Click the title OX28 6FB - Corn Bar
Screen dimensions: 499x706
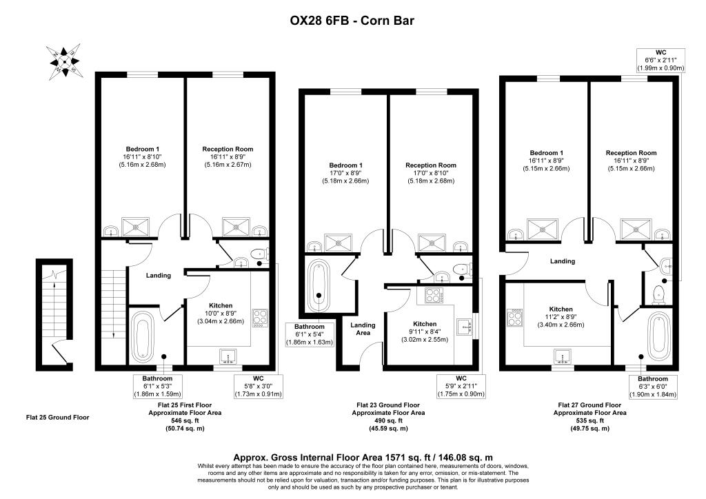(352, 21)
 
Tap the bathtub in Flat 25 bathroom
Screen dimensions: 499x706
(143, 336)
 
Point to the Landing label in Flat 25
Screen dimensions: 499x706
(159, 276)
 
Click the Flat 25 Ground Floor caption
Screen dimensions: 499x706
(57, 417)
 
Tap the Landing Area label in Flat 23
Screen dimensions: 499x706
(363, 329)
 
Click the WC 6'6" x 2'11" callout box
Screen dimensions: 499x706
(660, 60)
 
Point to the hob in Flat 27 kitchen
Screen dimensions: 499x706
(515, 318)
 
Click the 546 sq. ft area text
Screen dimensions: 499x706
(180, 420)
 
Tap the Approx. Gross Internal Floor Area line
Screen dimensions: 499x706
(352, 457)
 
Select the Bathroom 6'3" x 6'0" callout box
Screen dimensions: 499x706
(652, 387)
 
